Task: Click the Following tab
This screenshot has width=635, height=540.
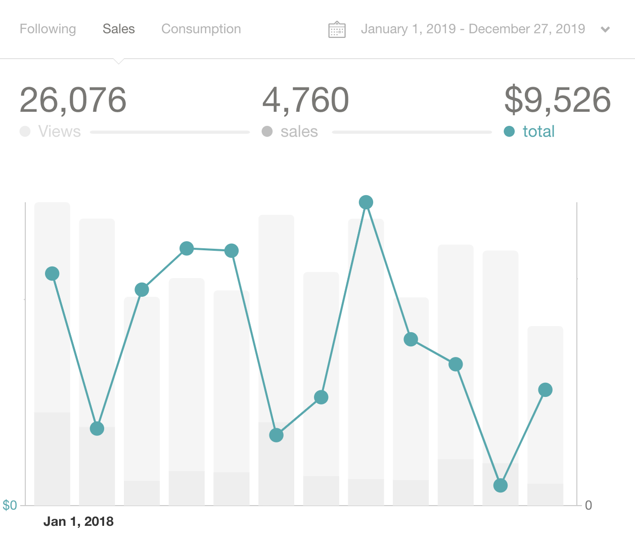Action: pos(48,29)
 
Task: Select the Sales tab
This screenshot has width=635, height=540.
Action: pos(118,29)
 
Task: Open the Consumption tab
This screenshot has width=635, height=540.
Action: pos(201,29)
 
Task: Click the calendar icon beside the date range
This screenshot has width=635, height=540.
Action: pos(337,30)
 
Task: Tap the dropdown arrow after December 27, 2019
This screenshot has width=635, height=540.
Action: pos(605,29)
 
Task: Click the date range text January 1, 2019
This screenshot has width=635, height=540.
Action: pos(408,29)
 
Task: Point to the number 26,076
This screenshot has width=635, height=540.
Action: pos(73,100)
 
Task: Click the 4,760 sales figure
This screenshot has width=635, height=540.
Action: pos(305,100)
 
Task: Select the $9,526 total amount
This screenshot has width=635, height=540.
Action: pos(557,100)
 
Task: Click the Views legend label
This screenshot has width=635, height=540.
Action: pos(59,131)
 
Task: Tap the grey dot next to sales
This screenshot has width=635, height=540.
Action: pos(267,131)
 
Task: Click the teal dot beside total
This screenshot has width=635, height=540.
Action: pos(509,131)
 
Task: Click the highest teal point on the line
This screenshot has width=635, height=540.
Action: pos(366,202)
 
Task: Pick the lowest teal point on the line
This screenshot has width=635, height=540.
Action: pos(500,485)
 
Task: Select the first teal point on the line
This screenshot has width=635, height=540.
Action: pos(52,274)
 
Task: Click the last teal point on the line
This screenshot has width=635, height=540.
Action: pos(545,390)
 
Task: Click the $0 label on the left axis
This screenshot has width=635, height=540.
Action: pos(10,505)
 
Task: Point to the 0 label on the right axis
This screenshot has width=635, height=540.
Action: pos(588,505)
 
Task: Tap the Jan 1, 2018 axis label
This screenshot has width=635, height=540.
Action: pos(78,521)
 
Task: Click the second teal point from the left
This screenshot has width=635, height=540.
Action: pos(97,429)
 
